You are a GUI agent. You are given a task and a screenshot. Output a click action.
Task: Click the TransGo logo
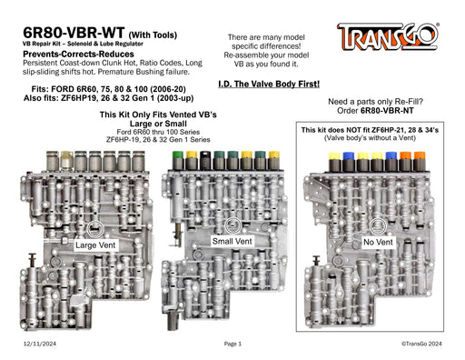point(388,36)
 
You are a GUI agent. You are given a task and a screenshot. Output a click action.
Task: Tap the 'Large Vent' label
point(95,245)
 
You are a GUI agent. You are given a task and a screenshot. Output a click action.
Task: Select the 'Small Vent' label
point(232,241)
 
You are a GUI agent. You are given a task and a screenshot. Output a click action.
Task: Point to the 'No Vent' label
point(378,242)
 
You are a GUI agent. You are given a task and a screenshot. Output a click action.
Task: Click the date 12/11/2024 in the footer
point(40,344)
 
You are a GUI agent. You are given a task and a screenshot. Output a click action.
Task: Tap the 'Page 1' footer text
point(232,344)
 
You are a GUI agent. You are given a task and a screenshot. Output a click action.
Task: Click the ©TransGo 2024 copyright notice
point(421,344)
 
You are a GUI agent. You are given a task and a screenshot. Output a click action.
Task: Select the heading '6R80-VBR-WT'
point(74,33)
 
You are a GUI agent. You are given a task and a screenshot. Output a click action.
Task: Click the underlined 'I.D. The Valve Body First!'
point(269,84)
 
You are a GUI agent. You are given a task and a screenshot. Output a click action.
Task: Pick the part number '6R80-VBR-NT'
point(387,111)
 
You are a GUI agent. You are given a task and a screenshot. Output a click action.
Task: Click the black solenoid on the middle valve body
point(206,160)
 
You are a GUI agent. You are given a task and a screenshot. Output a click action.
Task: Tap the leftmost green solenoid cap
point(177,155)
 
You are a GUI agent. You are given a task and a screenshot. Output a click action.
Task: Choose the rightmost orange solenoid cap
point(420,155)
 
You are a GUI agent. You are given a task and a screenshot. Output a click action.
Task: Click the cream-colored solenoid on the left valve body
point(66,160)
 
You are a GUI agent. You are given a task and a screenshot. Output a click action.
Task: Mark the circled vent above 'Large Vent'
point(95,229)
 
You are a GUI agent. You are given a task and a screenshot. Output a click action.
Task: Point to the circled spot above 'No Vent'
point(378,226)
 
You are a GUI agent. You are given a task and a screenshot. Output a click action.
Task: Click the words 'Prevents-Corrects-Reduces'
point(78,55)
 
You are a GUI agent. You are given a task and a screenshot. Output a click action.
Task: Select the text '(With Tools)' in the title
point(153,35)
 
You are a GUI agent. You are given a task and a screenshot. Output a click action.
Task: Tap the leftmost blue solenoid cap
point(349,155)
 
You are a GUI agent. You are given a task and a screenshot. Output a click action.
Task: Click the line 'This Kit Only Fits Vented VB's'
point(158,115)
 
